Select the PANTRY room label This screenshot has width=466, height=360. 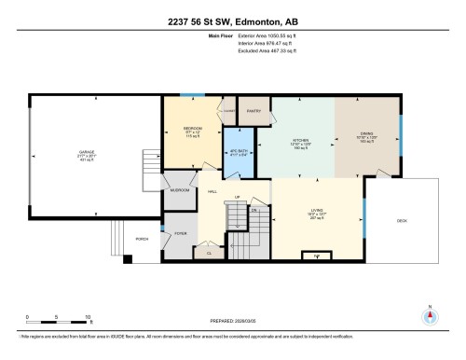[253, 111]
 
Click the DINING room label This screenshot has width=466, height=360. [366, 133]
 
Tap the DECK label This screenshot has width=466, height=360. [403, 220]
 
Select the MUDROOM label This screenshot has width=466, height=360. [181, 190]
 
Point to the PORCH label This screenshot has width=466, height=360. [143, 238]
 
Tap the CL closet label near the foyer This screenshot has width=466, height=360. [209, 253]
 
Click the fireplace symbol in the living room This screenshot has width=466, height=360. [317, 254]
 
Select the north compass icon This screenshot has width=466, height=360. [430, 314]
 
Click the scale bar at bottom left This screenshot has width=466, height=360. [58, 312]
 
